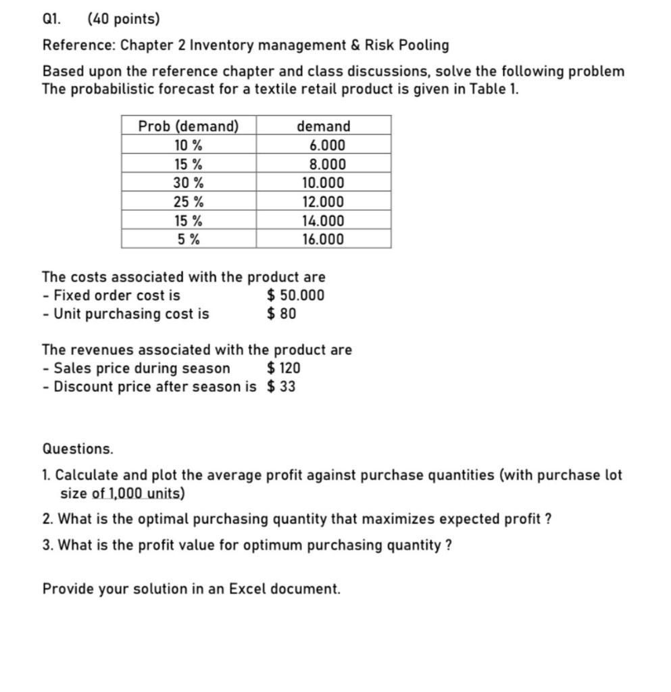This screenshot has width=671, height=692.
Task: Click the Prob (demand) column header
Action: pos(189,126)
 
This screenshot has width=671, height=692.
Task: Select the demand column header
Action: pos(324,126)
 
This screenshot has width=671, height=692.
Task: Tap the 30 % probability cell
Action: pos(189,183)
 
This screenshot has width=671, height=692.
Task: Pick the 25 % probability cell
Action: pos(189,202)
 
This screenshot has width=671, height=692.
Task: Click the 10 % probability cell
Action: pos(189,145)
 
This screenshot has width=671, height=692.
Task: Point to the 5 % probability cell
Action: pos(189,239)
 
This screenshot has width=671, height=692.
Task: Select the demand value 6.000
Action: pos(326,145)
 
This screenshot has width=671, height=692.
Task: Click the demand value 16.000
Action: pos(324,239)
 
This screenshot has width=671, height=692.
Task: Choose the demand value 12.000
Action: pos(324,202)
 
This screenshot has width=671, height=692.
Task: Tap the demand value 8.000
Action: pos(326,164)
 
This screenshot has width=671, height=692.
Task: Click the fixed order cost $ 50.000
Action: pos(295,295)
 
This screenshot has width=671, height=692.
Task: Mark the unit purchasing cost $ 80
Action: pos(281,314)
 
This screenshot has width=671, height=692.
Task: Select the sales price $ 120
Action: pos(284,368)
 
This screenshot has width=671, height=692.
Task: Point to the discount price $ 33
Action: pos(281,387)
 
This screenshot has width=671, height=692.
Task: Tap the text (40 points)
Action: pos(124,20)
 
